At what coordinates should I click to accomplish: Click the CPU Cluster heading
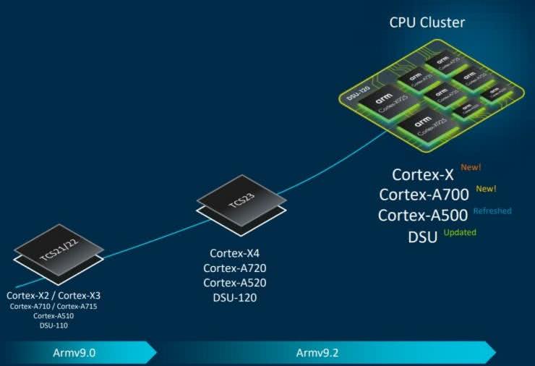427,22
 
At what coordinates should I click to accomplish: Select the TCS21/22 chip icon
59,254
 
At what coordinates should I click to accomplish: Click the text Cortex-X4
234,254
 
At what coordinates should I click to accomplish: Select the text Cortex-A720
234,268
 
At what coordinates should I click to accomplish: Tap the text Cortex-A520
234,283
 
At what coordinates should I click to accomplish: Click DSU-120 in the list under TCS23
234,297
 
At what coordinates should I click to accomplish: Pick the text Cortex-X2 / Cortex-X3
54,295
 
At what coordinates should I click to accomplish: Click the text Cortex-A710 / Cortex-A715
54,306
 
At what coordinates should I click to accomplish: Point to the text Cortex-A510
54,316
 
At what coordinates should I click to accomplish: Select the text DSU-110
54,326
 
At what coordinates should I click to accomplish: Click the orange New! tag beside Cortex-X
470,168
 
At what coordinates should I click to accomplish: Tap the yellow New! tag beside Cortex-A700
486,190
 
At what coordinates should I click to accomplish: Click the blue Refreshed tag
492,211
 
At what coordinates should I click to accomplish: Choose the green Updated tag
460,232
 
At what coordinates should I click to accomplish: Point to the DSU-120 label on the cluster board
356,96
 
